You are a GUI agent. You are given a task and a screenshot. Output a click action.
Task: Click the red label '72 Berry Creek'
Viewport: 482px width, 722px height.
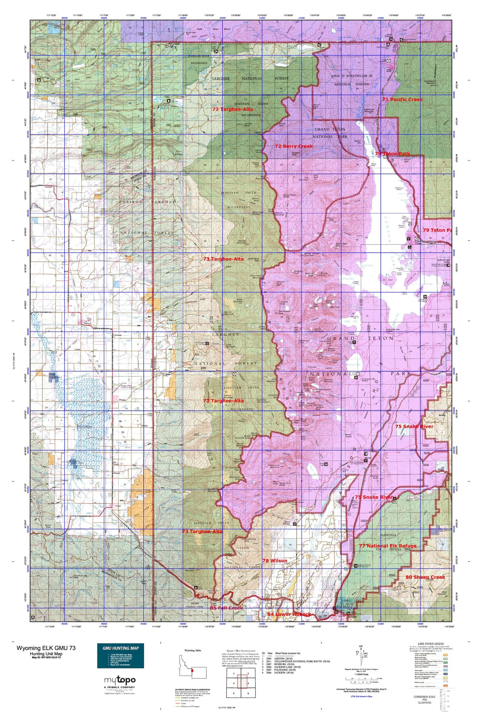click(x=294, y=146)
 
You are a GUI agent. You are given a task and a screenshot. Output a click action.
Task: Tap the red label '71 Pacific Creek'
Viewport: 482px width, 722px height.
click(x=402, y=99)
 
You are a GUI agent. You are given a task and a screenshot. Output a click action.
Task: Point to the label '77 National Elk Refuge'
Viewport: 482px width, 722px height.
click(x=388, y=546)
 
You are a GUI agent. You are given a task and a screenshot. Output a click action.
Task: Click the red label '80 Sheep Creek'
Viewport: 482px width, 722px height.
click(x=425, y=577)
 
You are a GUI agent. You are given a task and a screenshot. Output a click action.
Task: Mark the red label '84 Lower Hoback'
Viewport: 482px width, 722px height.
click(x=289, y=614)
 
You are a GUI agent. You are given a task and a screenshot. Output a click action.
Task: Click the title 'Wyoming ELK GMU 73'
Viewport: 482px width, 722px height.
click(x=46, y=648)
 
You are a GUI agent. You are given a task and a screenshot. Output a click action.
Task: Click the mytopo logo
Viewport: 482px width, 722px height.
click(x=120, y=680)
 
